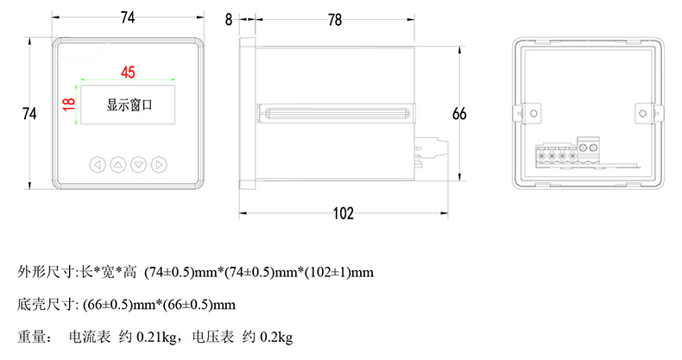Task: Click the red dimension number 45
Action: coord(128,72)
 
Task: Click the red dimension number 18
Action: coord(69,104)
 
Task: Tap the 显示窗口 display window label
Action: coord(129,104)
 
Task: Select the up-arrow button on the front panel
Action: coord(118,165)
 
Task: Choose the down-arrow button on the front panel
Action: coord(139,165)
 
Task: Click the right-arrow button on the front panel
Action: coord(159,165)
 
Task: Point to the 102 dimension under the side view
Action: coord(344,213)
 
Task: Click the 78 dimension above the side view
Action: coord(335,20)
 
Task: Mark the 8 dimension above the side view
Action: coord(229,20)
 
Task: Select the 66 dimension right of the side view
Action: coord(459,113)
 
